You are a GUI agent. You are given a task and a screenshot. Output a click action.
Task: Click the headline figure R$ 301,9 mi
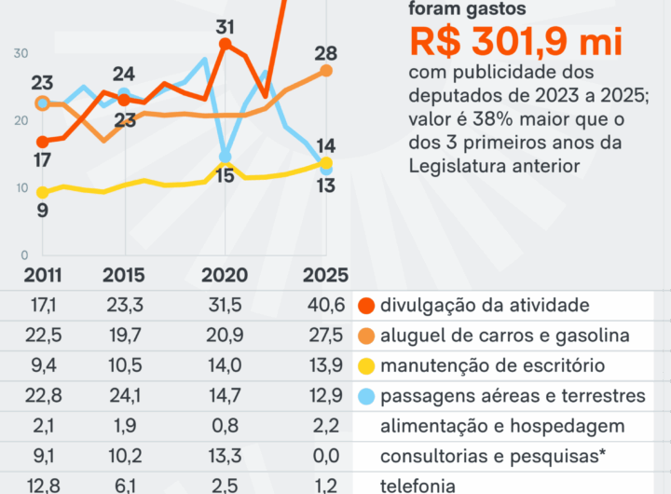514,43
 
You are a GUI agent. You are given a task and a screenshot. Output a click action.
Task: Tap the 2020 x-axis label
224,275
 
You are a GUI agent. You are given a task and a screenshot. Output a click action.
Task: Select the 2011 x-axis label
43,275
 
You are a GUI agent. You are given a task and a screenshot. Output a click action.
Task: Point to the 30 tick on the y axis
21,53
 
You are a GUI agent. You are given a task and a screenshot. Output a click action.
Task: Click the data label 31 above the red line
224,27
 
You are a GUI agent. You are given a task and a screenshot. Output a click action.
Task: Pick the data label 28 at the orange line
325,54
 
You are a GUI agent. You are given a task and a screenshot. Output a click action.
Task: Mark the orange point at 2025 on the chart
325,71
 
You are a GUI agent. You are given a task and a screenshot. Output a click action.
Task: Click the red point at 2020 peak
225,44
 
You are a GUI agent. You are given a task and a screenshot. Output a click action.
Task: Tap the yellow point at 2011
43,192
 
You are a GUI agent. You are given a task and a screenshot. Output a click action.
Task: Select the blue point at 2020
225,157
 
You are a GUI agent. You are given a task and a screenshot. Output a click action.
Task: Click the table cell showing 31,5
224,305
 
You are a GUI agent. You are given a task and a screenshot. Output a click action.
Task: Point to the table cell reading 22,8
43,395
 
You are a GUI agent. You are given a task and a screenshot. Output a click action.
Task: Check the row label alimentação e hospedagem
501,426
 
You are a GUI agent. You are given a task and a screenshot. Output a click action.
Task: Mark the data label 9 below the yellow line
42,211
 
